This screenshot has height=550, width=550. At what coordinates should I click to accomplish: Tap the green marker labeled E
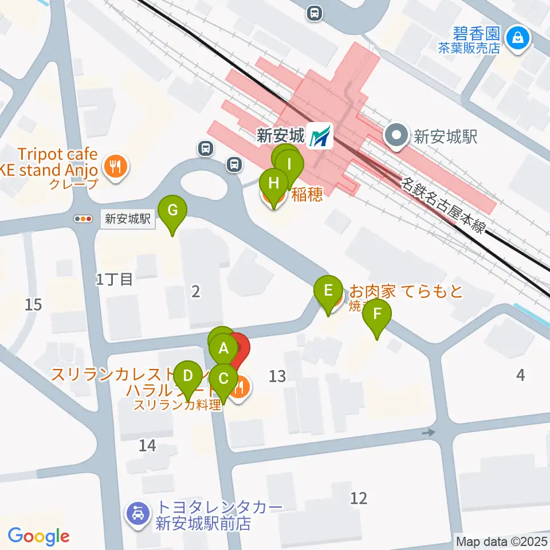[328, 290]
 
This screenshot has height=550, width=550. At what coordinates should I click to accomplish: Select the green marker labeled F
[376, 314]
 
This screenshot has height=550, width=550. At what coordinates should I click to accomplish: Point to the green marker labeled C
[223, 379]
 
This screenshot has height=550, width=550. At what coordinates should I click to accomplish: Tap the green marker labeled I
[289, 165]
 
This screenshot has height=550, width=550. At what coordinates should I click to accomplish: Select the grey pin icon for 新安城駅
[395, 136]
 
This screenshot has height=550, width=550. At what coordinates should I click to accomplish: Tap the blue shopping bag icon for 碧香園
[518, 38]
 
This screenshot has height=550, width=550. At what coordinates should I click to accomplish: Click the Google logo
[39, 536]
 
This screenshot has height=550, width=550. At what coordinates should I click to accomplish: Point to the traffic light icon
[84, 219]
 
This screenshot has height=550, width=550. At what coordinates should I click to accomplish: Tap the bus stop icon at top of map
[314, 13]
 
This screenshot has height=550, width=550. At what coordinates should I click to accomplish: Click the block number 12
[359, 498]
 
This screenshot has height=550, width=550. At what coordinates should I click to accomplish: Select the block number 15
[33, 304]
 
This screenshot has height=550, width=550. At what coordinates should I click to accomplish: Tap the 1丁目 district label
[114, 280]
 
